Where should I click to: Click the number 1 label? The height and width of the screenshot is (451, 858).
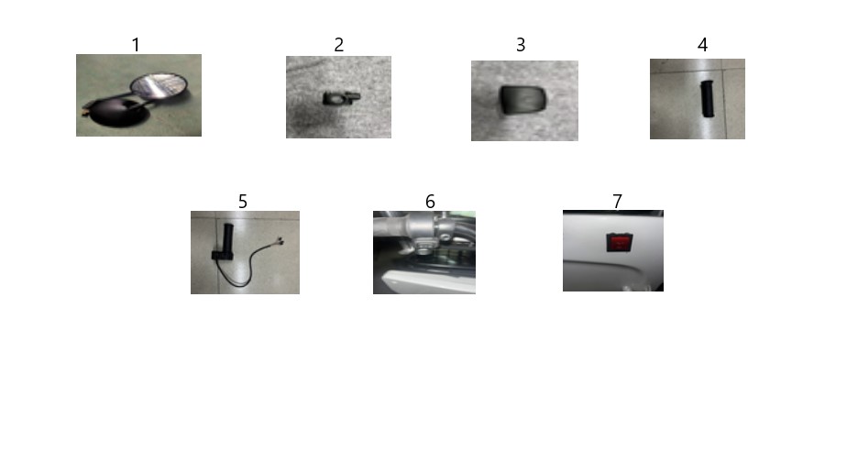[x=136, y=45]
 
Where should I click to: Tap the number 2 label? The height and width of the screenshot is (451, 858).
[x=339, y=45]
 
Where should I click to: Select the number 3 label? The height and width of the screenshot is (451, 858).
[x=521, y=45]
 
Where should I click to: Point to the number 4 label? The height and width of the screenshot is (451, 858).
[x=702, y=45]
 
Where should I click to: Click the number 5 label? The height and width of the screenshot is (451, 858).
[x=243, y=202]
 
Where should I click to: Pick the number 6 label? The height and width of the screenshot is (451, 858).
[x=430, y=202]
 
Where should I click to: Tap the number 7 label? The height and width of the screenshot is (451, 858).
[x=617, y=202]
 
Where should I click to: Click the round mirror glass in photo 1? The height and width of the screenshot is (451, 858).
[x=159, y=86]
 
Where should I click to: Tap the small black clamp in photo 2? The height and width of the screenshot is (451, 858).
[x=341, y=98]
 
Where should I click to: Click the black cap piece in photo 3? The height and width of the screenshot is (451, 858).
[x=523, y=100]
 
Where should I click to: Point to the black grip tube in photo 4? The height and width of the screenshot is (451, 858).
[x=708, y=99]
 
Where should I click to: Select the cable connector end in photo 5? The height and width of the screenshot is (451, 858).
[x=280, y=240]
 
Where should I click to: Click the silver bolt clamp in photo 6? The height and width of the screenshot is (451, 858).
[x=445, y=230]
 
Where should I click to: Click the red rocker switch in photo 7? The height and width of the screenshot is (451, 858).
[x=620, y=242]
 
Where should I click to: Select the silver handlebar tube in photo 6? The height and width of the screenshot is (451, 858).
[x=405, y=225]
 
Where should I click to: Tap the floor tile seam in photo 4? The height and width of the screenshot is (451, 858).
[x=725, y=98]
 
